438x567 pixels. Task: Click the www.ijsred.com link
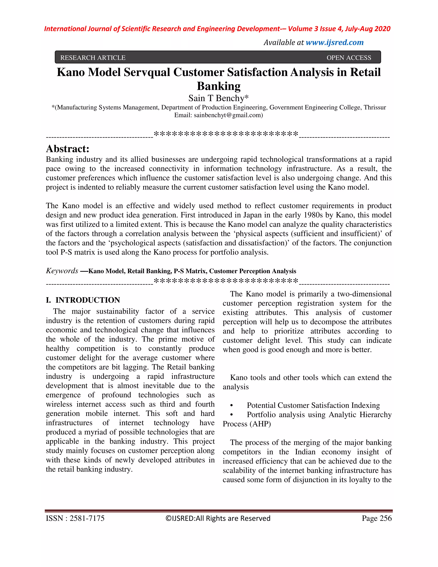click(334, 42)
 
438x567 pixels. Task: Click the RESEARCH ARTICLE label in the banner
click(93, 58)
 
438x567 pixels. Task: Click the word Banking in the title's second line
click(219, 86)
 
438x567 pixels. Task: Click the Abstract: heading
click(68, 149)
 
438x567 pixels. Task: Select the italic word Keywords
click(62, 271)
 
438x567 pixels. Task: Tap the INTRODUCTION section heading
click(87, 300)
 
